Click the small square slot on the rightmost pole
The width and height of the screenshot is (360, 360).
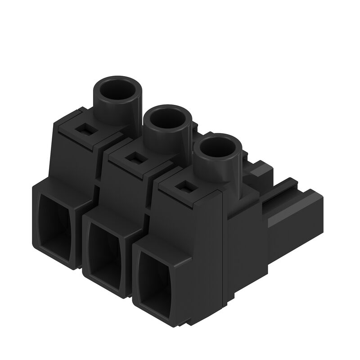click(183, 185)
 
